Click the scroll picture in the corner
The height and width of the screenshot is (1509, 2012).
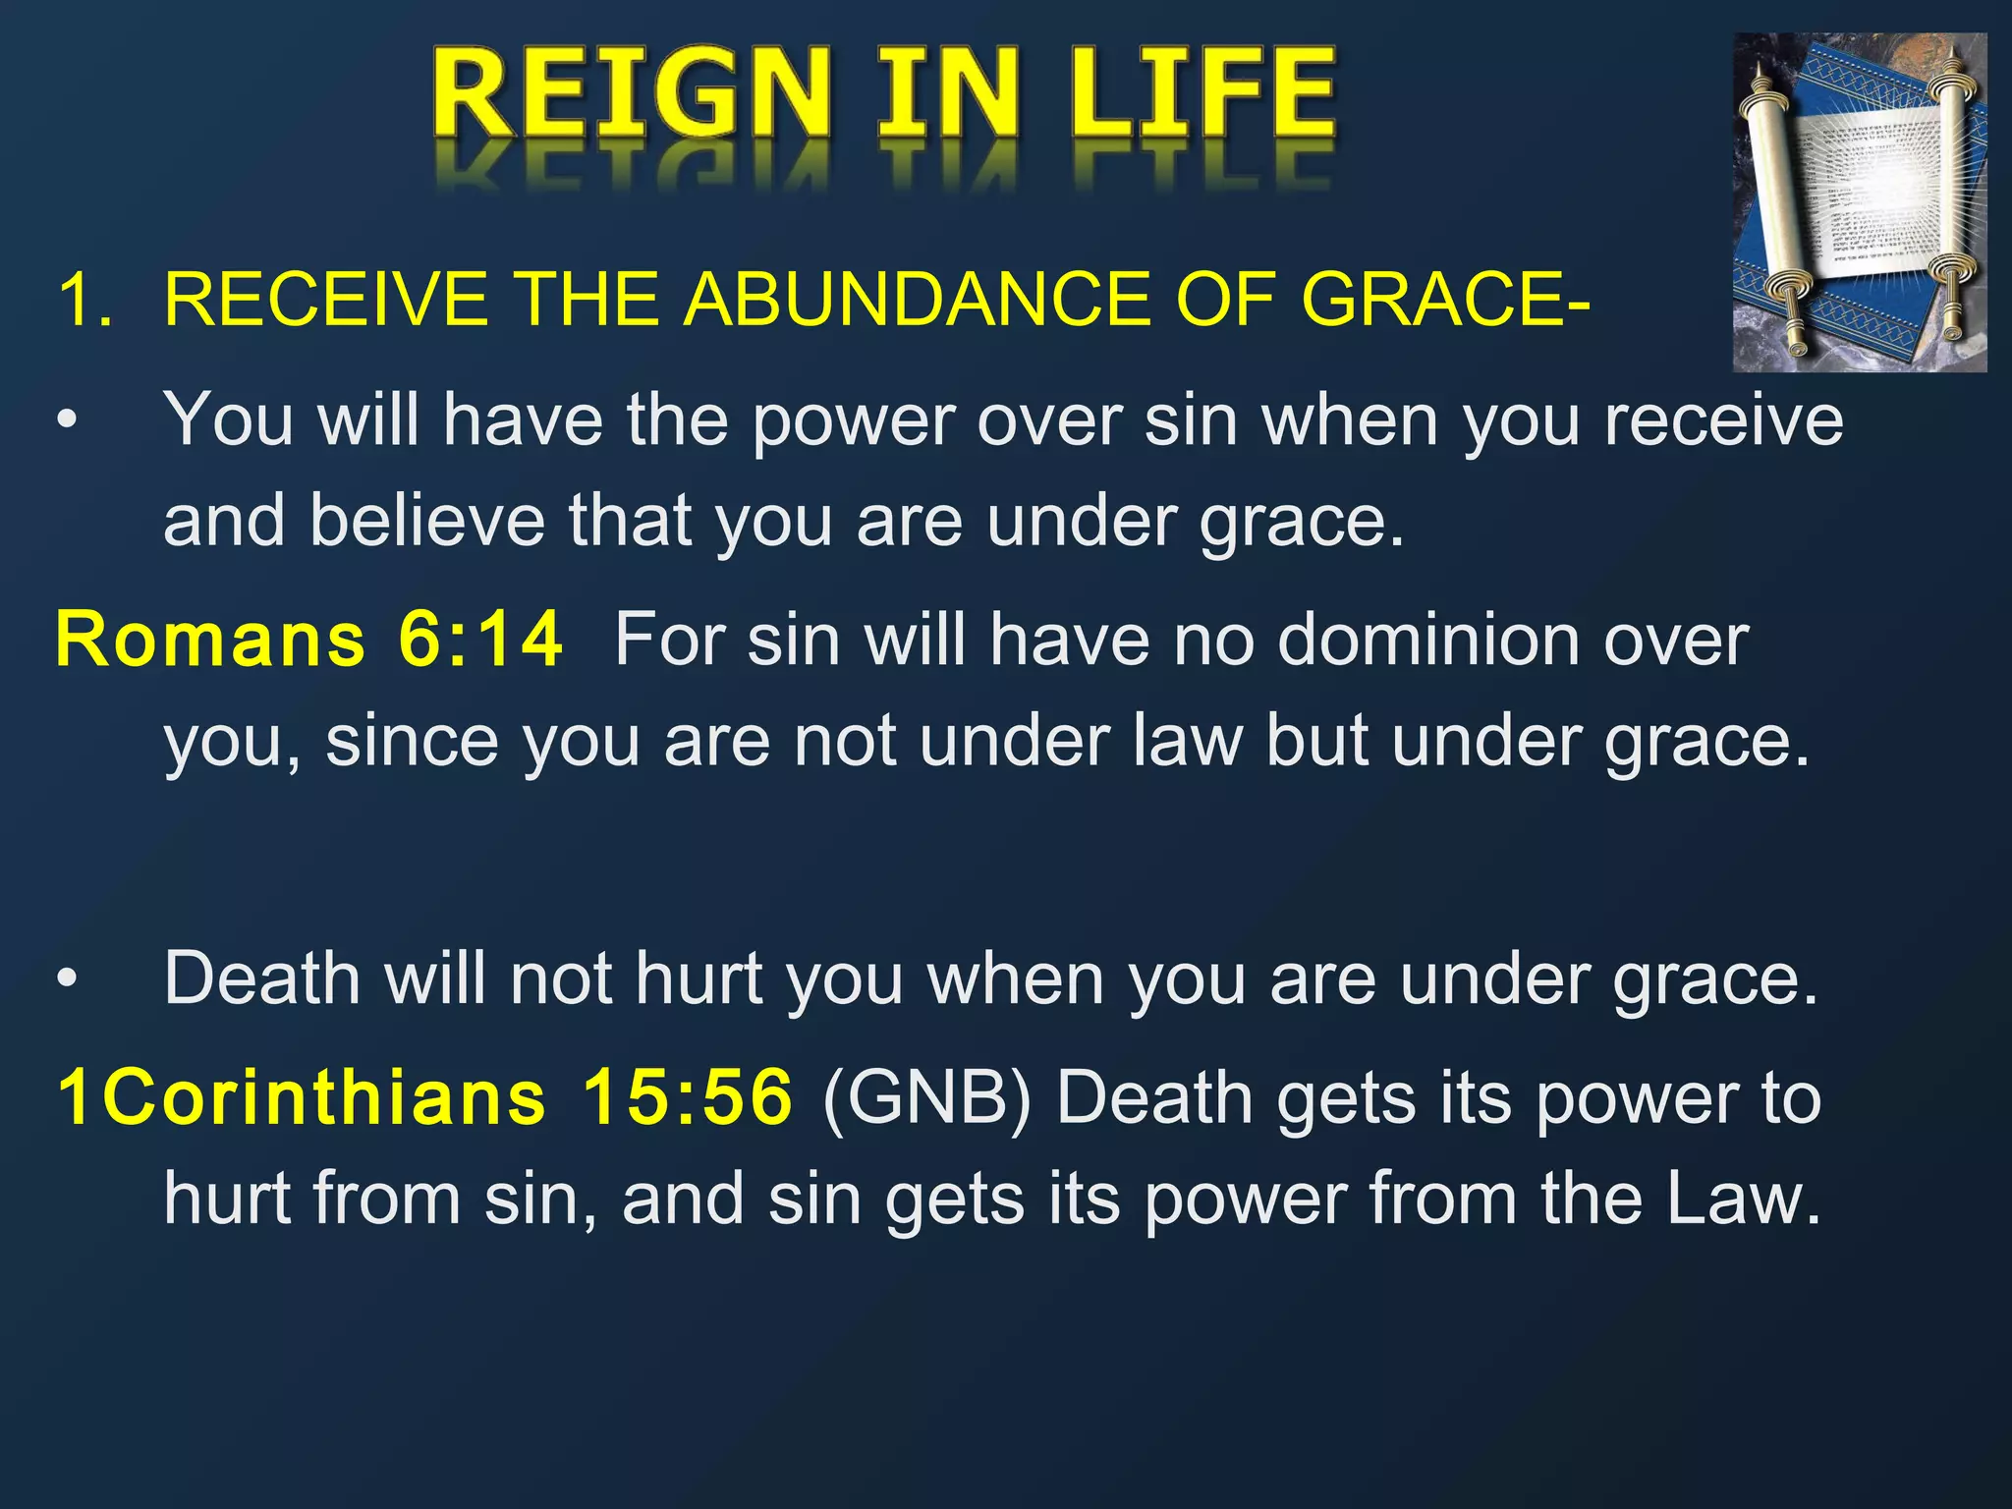pos(1859,202)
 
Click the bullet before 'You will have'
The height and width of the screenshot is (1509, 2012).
pos(66,421)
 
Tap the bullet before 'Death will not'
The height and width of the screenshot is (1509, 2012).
pos(66,979)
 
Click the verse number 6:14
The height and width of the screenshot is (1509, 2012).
pos(480,640)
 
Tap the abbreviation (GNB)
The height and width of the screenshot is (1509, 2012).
pos(926,1097)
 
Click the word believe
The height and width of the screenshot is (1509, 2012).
pos(427,520)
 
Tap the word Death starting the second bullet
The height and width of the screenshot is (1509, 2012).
pos(262,979)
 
